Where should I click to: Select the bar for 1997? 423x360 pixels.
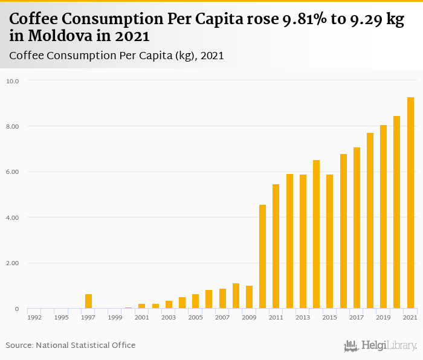pos(88,301)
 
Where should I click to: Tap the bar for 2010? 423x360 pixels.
pos(263,257)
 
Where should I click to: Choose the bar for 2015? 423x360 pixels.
pos(330,242)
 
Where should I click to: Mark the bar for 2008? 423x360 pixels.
pos(236,296)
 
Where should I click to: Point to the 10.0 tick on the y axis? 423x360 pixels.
pos(13,80)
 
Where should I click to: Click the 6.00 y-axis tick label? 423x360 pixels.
pos(13,172)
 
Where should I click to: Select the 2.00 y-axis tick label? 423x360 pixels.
pos(13,263)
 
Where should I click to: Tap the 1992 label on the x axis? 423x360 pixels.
pos(34,317)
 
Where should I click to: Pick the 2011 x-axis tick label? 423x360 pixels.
pos(276,317)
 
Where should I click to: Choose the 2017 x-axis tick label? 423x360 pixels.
pos(357,317)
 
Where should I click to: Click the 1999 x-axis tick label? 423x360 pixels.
pos(115,317)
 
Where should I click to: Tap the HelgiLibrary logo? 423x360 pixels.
pos(380,346)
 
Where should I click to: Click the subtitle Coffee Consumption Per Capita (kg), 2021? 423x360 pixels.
pos(117,56)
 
